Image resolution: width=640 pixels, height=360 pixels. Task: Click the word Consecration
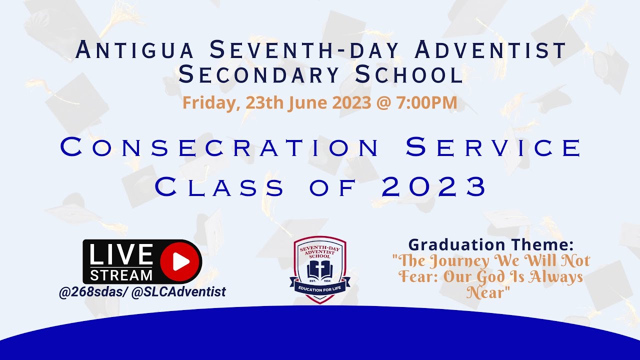tap(220, 148)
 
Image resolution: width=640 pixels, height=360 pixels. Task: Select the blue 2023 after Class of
tap(434, 187)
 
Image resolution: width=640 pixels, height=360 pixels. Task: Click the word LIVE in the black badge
tap(121, 255)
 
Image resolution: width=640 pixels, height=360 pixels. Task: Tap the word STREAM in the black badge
tap(121, 275)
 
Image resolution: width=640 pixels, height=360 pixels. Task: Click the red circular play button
tap(180, 261)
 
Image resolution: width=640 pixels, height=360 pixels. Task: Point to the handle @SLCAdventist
tap(178, 292)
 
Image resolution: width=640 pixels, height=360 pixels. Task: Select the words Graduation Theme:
tap(490, 245)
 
